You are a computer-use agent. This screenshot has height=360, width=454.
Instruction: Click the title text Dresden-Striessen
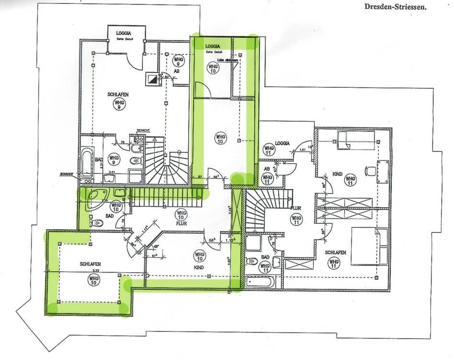click(x=395, y=7)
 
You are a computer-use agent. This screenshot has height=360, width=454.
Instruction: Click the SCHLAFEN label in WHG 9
click(x=118, y=95)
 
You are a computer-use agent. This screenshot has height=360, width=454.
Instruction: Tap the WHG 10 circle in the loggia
click(x=213, y=68)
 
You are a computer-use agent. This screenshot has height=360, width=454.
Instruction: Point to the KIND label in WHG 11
click(x=338, y=174)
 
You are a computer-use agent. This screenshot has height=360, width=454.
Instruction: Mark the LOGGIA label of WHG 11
click(x=282, y=143)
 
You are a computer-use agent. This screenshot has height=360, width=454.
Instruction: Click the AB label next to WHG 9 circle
click(x=177, y=71)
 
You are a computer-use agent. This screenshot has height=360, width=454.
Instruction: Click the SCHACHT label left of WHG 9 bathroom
click(x=66, y=174)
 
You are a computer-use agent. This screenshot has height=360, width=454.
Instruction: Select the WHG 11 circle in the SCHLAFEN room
click(x=334, y=263)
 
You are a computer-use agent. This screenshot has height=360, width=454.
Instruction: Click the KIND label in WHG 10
click(x=199, y=267)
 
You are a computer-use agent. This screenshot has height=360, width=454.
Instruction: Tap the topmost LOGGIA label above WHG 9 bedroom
click(x=123, y=33)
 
